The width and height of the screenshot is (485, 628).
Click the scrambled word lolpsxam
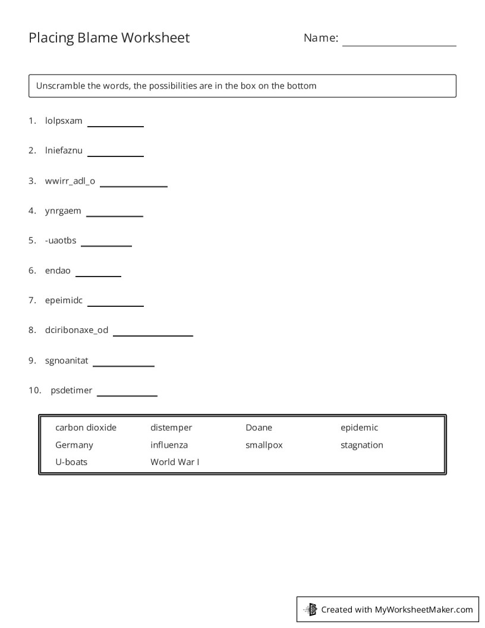[64, 121]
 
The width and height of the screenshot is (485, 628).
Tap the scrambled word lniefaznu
[64, 150]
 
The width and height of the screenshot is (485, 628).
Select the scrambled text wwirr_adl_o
[70, 181]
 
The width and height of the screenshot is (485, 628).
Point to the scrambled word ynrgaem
[63, 211]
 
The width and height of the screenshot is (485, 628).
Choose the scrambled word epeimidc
[64, 300]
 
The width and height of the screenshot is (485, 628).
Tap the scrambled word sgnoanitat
[67, 360]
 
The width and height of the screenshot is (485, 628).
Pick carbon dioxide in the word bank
[86, 428]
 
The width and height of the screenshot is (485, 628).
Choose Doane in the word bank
[259, 428]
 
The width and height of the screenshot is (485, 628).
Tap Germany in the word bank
[74, 445]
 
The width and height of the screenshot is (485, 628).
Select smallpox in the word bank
[264, 445]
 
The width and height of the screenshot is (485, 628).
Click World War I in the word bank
[175, 462]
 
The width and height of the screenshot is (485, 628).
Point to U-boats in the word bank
[71, 462]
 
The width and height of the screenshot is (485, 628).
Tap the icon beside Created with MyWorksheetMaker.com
[310, 609]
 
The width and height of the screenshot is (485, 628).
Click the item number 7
[32, 300]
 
